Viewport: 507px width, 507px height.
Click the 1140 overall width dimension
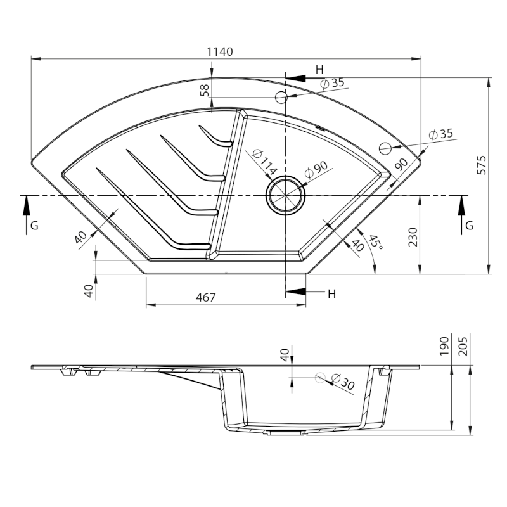coord(220,51)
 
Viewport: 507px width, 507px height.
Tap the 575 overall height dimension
coord(482,165)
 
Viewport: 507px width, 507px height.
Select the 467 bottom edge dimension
coord(205,297)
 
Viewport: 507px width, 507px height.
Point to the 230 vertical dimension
coord(413,237)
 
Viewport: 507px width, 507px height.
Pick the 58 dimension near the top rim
coord(204,90)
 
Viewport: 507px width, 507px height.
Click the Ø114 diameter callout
coord(264,162)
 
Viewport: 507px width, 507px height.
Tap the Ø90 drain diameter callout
coord(316,169)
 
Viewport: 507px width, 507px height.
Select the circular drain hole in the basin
coord(285,195)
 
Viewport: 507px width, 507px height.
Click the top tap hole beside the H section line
coord(281,97)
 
